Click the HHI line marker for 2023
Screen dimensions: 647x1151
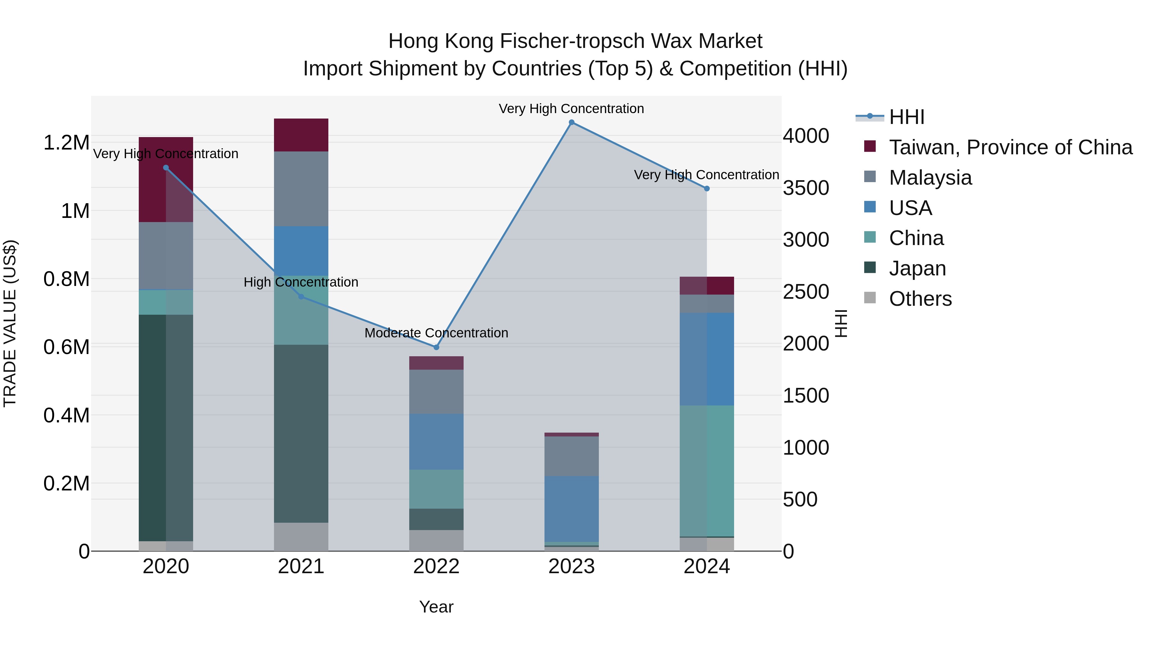tap(571, 122)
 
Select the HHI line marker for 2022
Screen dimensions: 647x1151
tap(436, 347)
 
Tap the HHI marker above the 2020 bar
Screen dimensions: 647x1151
tap(166, 168)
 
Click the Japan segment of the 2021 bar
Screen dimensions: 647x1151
tap(301, 433)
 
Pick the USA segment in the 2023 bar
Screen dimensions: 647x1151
tap(571, 509)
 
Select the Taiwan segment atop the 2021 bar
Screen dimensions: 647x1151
tap(301, 135)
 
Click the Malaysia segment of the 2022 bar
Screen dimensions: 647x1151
tap(436, 392)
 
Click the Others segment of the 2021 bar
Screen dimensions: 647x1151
tap(301, 537)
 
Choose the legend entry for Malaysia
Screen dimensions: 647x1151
tap(930, 178)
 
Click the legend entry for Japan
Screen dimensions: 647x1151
tap(917, 268)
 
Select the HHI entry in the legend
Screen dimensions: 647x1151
tap(907, 117)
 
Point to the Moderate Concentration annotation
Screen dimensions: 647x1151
tap(436, 333)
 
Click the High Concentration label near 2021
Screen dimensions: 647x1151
tap(301, 282)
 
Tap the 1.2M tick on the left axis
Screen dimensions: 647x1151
tap(66, 143)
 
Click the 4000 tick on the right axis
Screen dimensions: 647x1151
tap(806, 136)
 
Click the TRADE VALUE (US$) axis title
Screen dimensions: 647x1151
tap(10, 323)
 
